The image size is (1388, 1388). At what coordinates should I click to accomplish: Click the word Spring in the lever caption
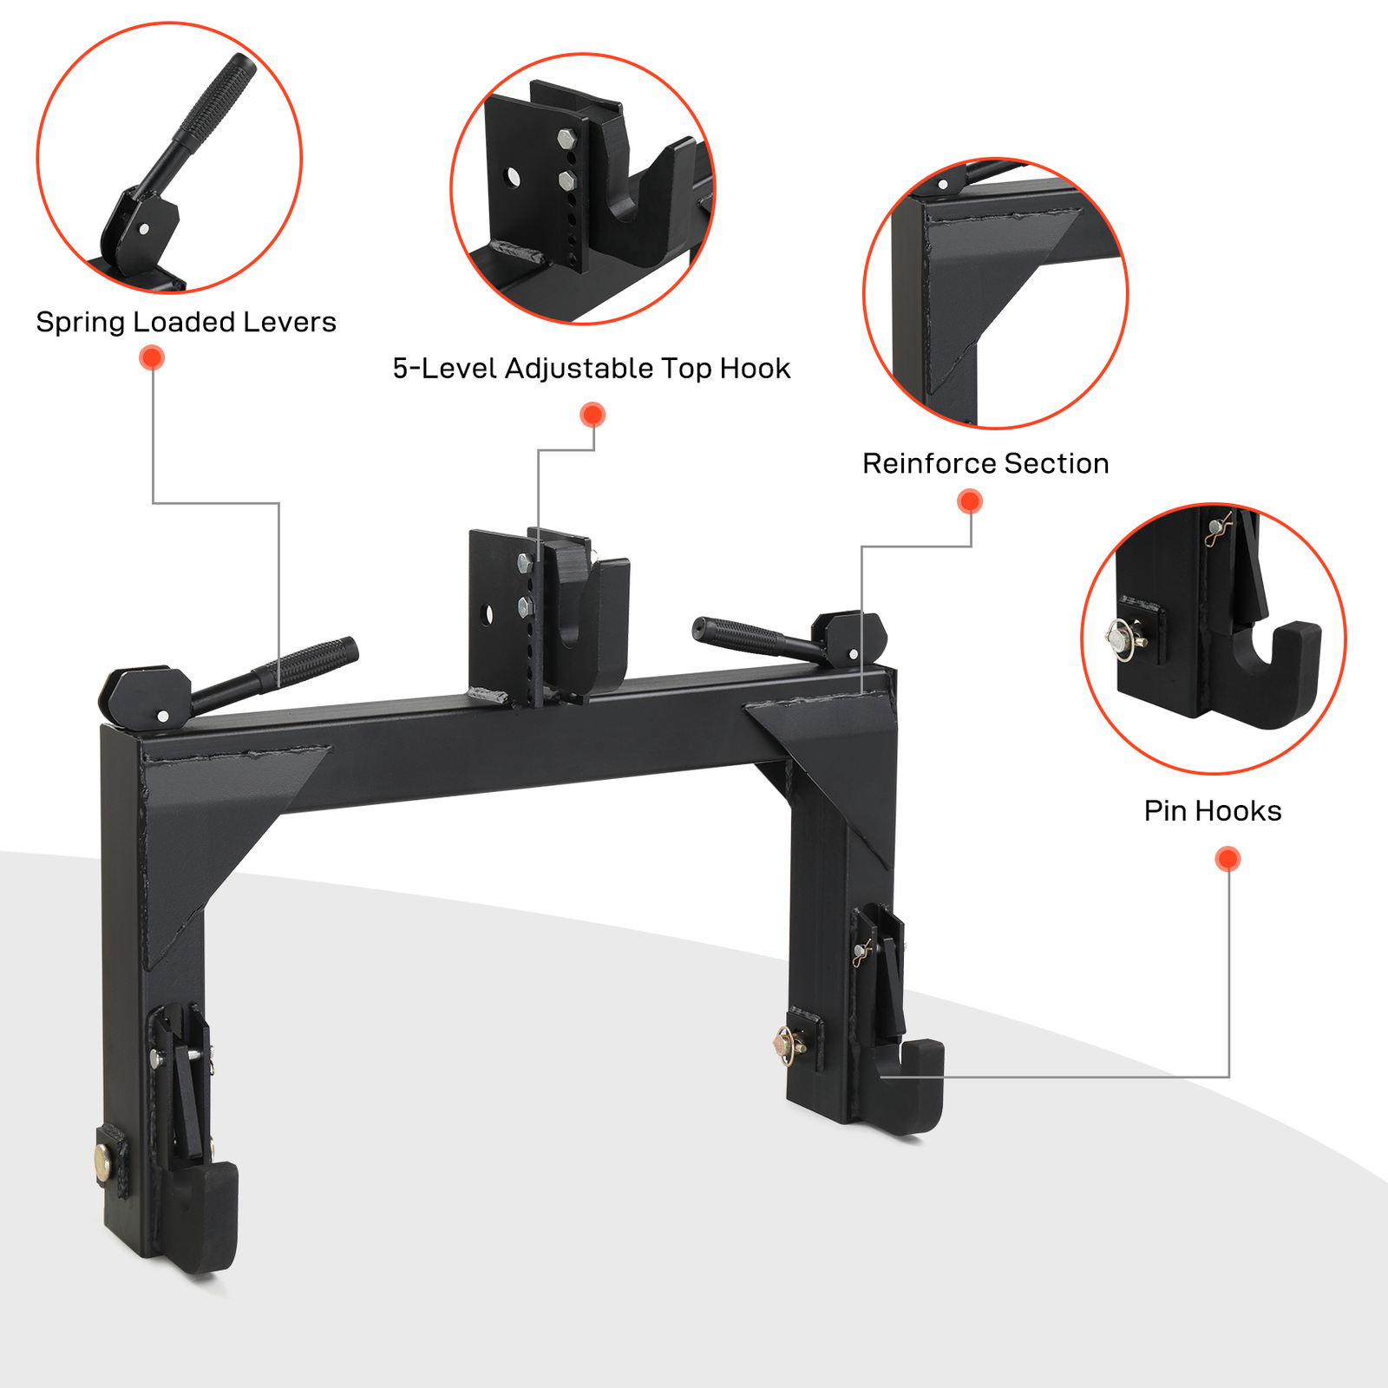[x=81, y=323]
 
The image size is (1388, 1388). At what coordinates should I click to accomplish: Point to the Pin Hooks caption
[x=1212, y=811]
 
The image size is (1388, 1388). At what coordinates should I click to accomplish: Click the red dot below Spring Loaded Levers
[x=152, y=357]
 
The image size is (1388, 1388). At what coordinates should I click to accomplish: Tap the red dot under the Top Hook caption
[x=593, y=415]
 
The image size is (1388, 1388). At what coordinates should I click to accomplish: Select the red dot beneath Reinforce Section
[x=970, y=501]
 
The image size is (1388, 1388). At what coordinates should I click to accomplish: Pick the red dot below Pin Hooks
[x=1228, y=859]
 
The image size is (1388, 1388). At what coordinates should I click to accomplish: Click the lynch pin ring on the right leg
[x=788, y=1044]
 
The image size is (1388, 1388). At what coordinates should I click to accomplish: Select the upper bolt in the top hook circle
[x=566, y=138]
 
